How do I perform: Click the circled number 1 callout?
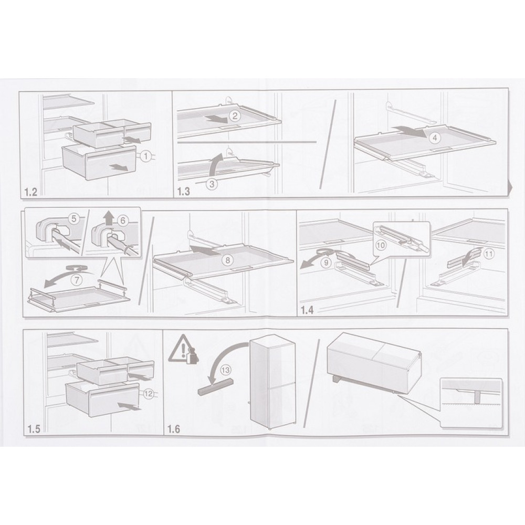tap(145, 156)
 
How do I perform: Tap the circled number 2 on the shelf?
tap(235, 116)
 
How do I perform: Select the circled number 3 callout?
tap(212, 183)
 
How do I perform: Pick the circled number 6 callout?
tap(123, 220)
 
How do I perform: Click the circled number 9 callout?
tap(326, 262)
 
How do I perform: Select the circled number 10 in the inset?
tap(381, 245)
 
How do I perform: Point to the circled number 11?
tap(489, 254)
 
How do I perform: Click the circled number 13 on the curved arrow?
tap(225, 370)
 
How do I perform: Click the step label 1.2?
tap(31, 192)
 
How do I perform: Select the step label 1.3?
tap(183, 192)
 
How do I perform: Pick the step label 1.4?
tap(307, 310)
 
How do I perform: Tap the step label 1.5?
tap(34, 429)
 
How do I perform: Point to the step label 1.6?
tap(174, 429)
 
